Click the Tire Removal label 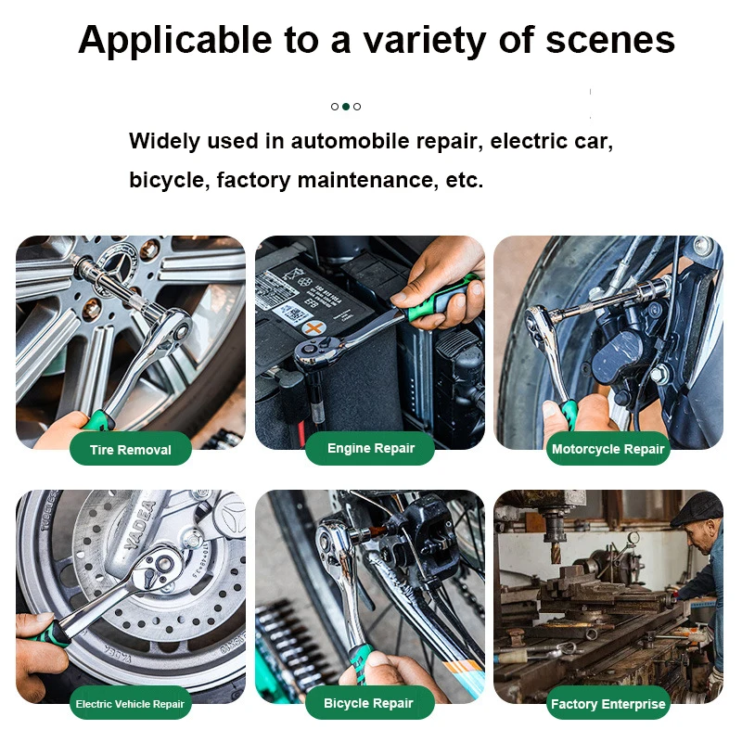(130, 450)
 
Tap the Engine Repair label (370, 448)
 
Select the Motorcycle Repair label (608, 449)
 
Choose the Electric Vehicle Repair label (130, 704)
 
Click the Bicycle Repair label (368, 703)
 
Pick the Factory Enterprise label (608, 704)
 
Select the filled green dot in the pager (346, 107)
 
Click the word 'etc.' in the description (465, 180)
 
